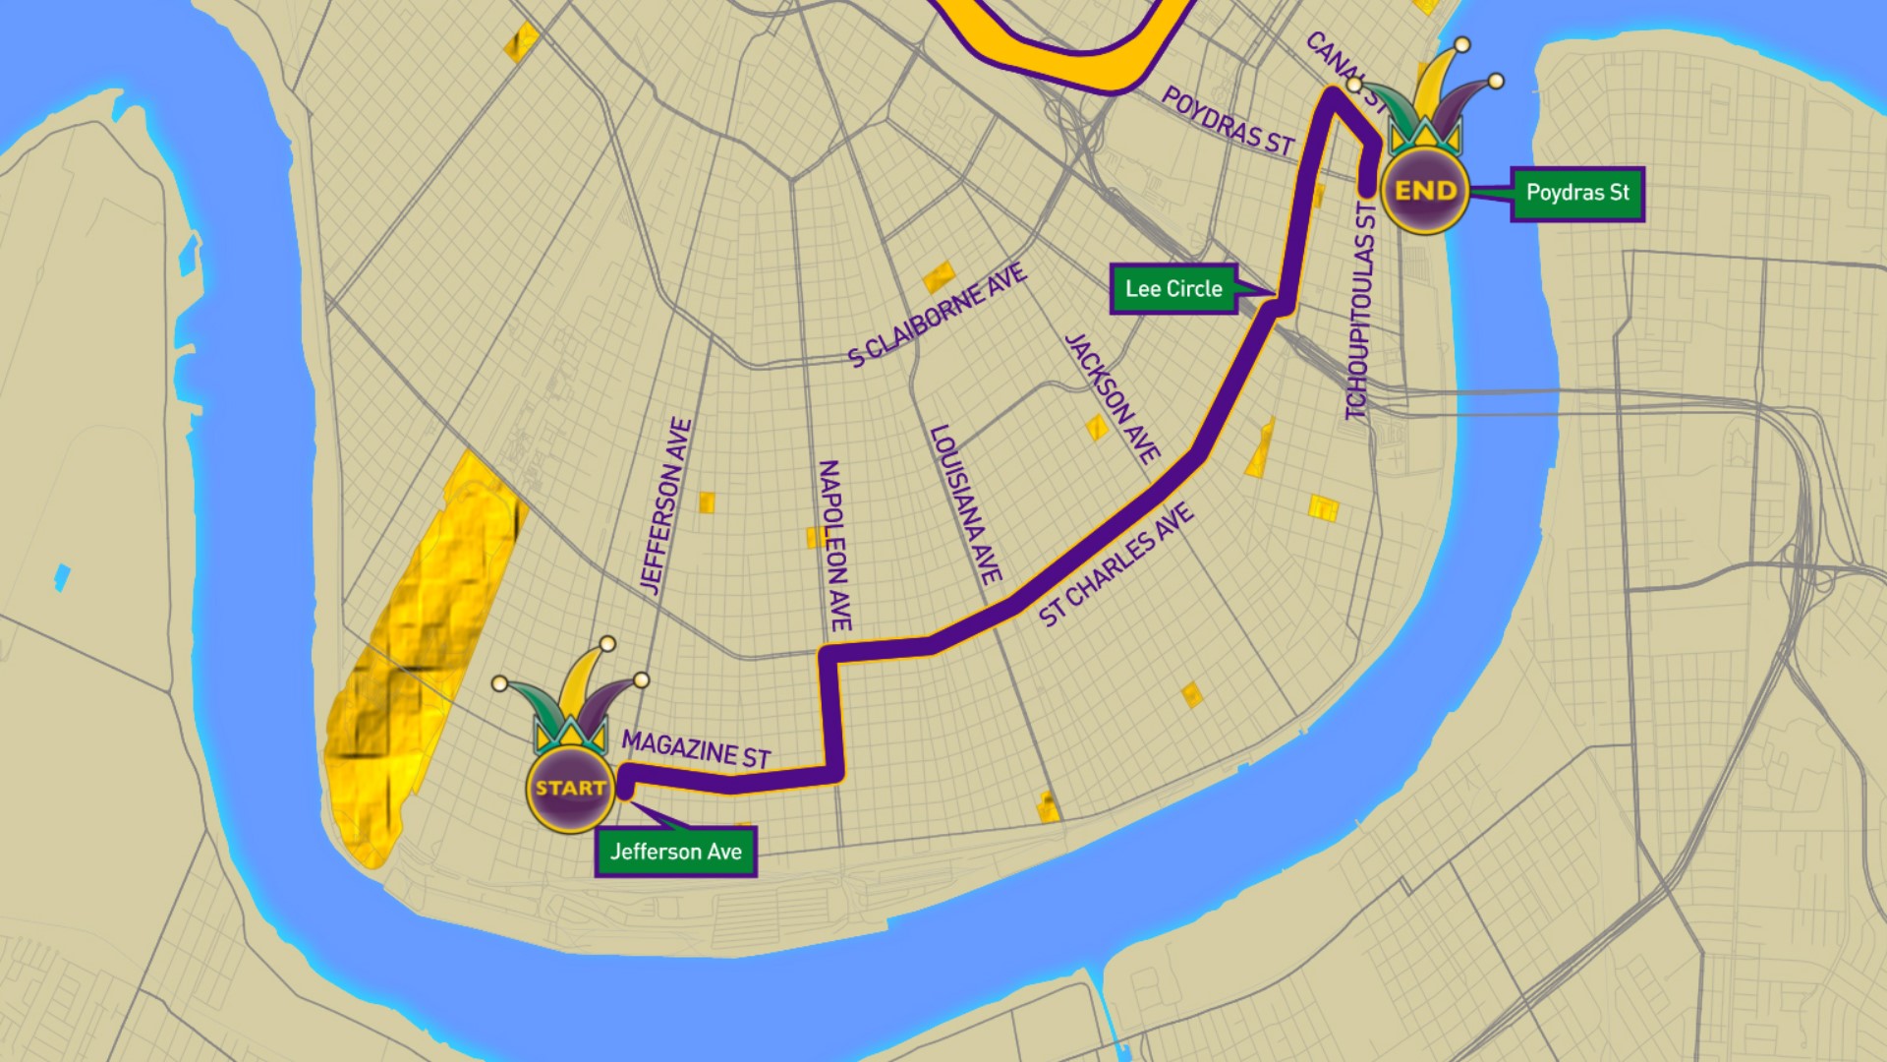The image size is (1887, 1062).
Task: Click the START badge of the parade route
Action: (x=570, y=788)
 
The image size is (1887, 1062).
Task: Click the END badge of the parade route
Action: (x=1425, y=191)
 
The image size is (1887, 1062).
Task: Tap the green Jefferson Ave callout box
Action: (x=675, y=852)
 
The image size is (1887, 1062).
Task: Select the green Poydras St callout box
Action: (x=1576, y=193)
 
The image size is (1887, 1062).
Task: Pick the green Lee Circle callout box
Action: (x=1173, y=288)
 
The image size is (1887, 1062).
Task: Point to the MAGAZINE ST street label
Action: (x=696, y=750)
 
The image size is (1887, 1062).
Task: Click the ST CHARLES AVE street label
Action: (x=1116, y=564)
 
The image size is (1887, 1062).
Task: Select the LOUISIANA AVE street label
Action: (x=965, y=503)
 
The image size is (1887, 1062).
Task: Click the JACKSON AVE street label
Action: (x=1113, y=397)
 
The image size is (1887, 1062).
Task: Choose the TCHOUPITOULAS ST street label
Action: (x=1360, y=311)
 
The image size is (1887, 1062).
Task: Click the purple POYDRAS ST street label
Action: (x=1228, y=120)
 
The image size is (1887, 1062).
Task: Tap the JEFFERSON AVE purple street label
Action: (x=666, y=505)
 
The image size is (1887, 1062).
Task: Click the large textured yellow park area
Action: (x=423, y=649)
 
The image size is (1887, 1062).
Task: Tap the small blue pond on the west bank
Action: (x=62, y=577)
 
